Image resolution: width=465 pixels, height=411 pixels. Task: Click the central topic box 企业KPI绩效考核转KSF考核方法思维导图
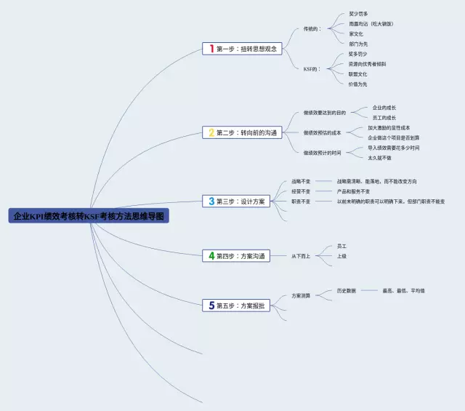[x=89, y=216]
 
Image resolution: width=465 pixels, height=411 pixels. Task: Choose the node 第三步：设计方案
[x=240, y=201]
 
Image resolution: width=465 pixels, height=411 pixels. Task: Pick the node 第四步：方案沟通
[x=240, y=255]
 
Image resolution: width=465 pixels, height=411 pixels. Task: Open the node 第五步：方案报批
[x=240, y=306]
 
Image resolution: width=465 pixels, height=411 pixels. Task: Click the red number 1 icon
[x=211, y=49]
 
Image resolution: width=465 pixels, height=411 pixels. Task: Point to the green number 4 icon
[x=211, y=255]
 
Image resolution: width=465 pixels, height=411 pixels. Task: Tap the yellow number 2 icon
[x=211, y=132]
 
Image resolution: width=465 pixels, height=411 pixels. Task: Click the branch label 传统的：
[x=312, y=28]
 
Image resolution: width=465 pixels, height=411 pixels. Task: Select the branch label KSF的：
[x=312, y=68]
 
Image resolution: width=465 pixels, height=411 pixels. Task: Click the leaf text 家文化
[x=356, y=33]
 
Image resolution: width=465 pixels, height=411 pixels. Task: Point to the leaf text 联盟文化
[x=357, y=73]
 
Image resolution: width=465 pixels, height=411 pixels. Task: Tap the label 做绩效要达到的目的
[x=325, y=113]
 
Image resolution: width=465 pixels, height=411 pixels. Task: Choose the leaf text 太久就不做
[x=379, y=157]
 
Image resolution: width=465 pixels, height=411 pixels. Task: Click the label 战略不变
[x=301, y=181]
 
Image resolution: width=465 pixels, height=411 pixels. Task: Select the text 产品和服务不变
[x=353, y=191]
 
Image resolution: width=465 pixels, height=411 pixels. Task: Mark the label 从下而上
[x=301, y=256]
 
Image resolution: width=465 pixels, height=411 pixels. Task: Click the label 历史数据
[x=346, y=291]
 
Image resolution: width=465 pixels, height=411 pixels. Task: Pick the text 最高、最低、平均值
[x=403, y=291]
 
